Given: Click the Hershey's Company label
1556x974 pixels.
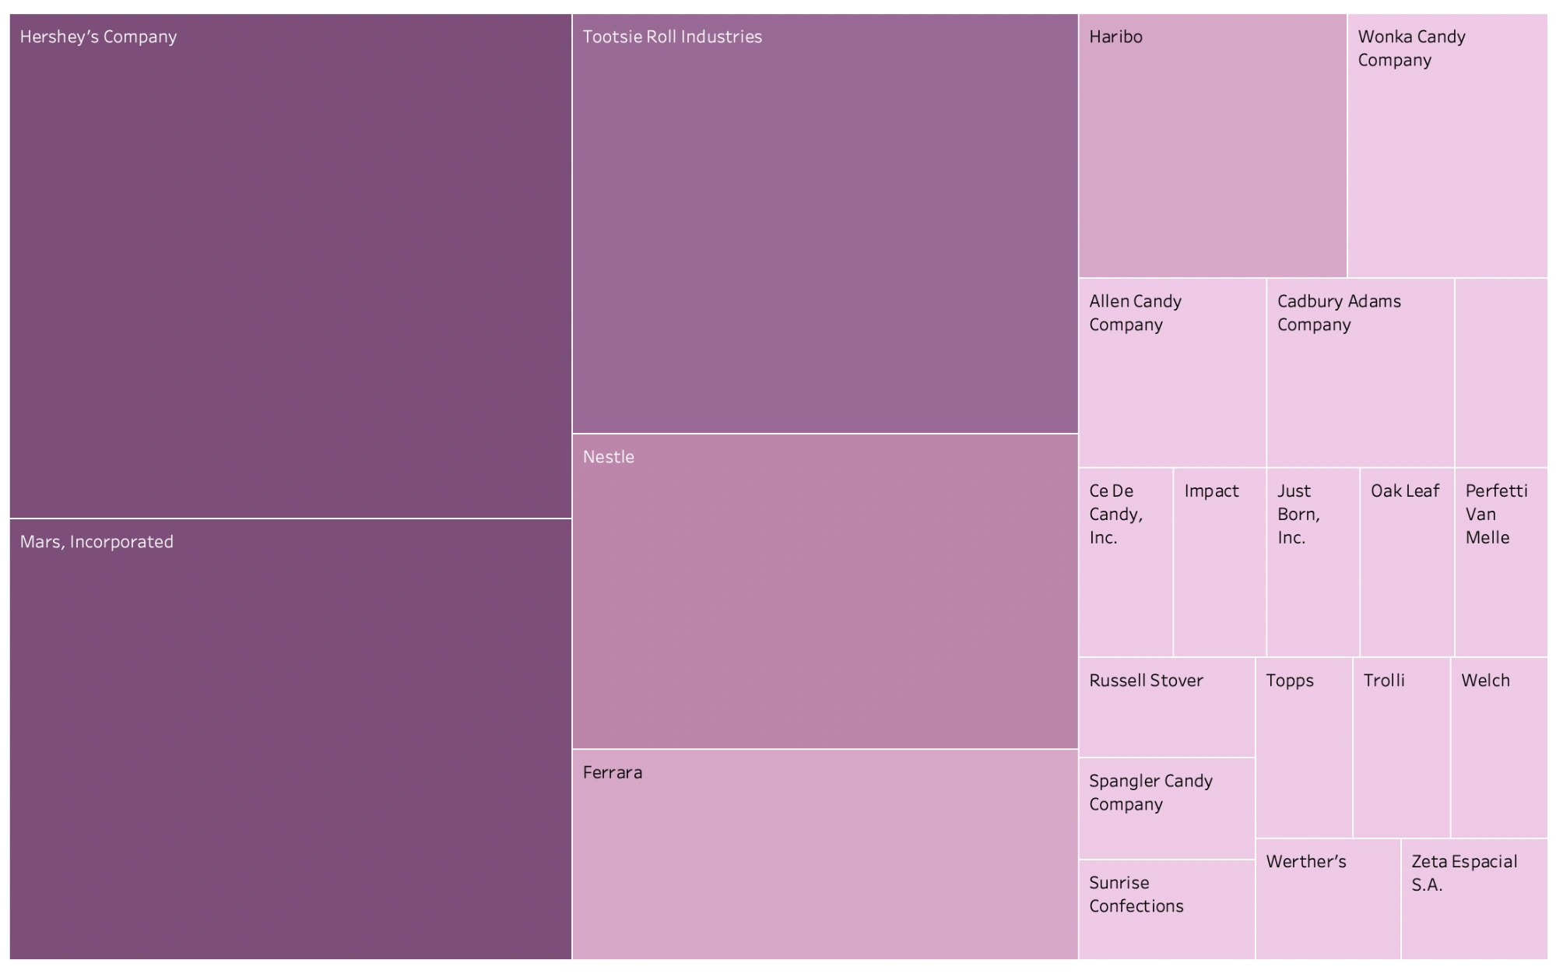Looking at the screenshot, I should (98, 37).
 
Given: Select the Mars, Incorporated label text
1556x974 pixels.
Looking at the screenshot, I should (97, 542).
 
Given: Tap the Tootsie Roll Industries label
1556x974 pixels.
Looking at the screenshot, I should (672, 37).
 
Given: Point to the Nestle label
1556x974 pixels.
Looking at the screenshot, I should (608, 457).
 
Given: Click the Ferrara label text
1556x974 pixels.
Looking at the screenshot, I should (612, 772).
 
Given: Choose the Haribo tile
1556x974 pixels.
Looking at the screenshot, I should (1212, 146).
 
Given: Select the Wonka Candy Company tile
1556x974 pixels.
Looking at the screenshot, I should (1447, 146).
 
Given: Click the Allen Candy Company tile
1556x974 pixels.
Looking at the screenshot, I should (1171, 373).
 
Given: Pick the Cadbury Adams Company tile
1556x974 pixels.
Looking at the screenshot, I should (1360, 373).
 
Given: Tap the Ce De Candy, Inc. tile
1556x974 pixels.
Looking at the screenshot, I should (1125, 562).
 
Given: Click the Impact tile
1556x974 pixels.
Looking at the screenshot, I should (1219, 562).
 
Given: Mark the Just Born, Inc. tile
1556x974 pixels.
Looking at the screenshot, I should (1312, 562).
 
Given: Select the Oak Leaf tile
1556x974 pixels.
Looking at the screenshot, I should (1407, 562).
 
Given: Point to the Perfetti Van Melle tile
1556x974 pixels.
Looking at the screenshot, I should (1501, 562).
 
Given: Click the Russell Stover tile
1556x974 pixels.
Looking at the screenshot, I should (1166, 707).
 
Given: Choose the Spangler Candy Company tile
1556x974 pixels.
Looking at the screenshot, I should (1166, 808).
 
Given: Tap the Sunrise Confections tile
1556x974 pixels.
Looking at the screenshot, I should (1166, 909).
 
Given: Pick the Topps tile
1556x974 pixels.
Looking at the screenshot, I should (1304, 747).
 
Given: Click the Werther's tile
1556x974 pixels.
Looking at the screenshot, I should (1327, 898).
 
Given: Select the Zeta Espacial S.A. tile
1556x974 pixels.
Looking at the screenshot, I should (1473, 898).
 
